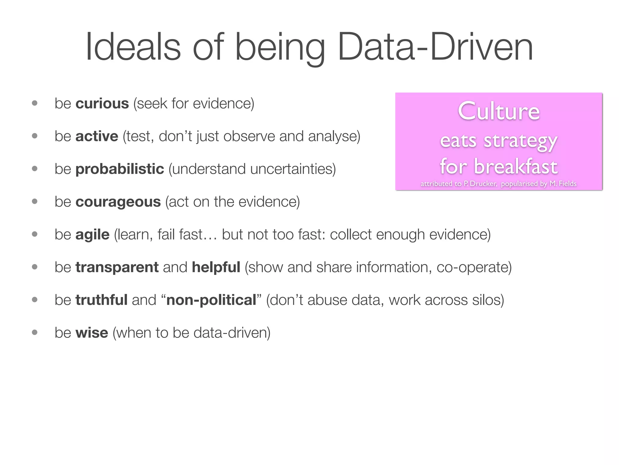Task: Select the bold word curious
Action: (102, 104)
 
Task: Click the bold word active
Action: (97, 137)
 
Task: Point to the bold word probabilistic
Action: (120, 169)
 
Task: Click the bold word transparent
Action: (117, 267)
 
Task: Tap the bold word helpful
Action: (216, 267)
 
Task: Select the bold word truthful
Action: (102, 300)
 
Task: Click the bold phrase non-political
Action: (211, 300)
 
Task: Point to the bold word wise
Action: (92, 333)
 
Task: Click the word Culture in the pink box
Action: (499, 111)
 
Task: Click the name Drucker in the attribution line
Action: (483, 184)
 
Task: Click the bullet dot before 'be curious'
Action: (35, 103)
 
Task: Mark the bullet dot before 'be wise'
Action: (35, 332)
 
